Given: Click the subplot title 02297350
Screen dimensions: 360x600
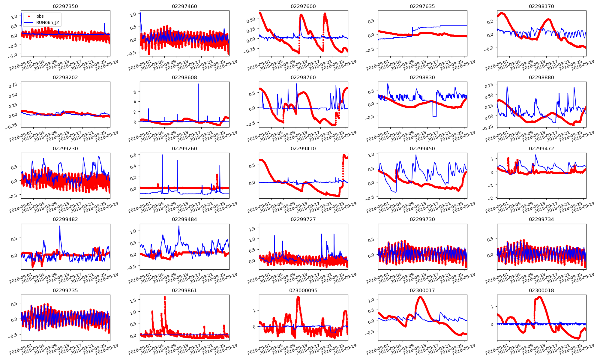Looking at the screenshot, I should pos(65,6).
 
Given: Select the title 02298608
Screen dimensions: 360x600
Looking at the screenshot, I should pos(184,77).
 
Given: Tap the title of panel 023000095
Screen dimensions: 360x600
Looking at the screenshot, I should pos(303,290).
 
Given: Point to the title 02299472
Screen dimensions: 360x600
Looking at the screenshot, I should pos(541,148).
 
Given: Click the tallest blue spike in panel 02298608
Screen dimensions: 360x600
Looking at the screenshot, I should pos(198,84).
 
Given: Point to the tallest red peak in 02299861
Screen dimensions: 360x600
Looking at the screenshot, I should pos(165,297).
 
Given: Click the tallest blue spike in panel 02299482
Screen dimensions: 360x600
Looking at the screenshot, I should pos(60,226).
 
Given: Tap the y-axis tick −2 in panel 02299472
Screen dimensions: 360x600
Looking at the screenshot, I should pos(491,198).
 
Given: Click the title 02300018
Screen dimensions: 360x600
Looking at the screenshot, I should pos(541,290).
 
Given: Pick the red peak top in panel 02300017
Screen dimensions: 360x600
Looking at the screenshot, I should pos(420,297).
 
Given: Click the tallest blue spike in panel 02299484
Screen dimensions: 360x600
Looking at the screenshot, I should pos(179,226).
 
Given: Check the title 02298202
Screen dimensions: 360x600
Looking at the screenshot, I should pos(65,77).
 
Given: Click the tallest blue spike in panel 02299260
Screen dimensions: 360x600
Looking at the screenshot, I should pos(162,155).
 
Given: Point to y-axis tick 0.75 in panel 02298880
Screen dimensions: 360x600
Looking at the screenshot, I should pos(489,85).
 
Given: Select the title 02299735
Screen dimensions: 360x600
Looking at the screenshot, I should pos(65,290).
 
